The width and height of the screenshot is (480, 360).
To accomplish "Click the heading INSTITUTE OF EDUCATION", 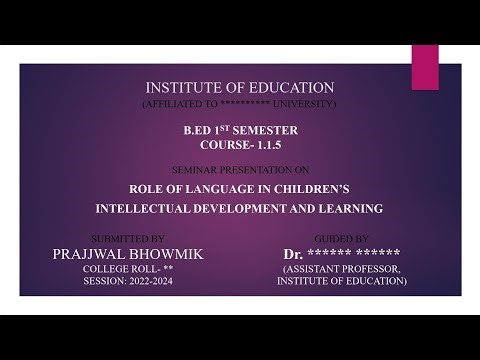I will click(x=240, y=88).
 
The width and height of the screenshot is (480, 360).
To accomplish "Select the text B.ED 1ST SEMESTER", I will click(x=240, y=130).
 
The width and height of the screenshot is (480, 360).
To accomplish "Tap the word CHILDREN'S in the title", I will click(x=313, y=187).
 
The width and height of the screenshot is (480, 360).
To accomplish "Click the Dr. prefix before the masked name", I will click(x=293, y=254).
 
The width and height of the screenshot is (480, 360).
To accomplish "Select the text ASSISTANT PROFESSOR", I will click(x=343, y=270).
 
